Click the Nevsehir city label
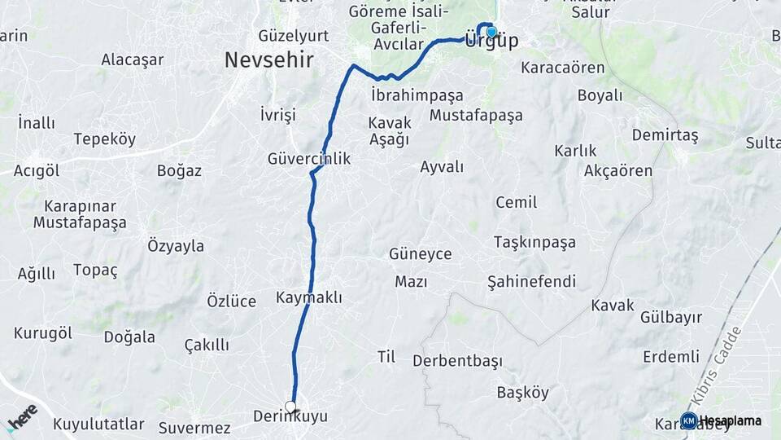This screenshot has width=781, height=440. (269, 59)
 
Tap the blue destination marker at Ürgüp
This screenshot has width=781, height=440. (491, 33)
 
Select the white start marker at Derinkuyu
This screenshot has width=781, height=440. (290, 406)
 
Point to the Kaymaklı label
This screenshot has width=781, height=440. (309, 297)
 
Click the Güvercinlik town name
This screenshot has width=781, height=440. (309, 159)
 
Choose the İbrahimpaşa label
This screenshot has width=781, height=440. (417, 95)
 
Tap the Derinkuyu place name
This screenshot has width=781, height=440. (290, 417)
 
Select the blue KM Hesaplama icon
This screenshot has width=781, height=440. (688, 420)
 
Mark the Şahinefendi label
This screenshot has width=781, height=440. (531, 281)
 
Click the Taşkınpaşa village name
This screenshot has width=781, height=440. (534, 242)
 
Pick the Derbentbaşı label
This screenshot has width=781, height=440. (457, 360)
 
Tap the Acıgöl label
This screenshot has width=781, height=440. (37, 170)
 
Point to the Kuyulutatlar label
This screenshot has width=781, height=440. (98, 425)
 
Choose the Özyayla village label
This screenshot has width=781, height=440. (176, 245)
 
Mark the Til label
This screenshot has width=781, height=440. (386, 356)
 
